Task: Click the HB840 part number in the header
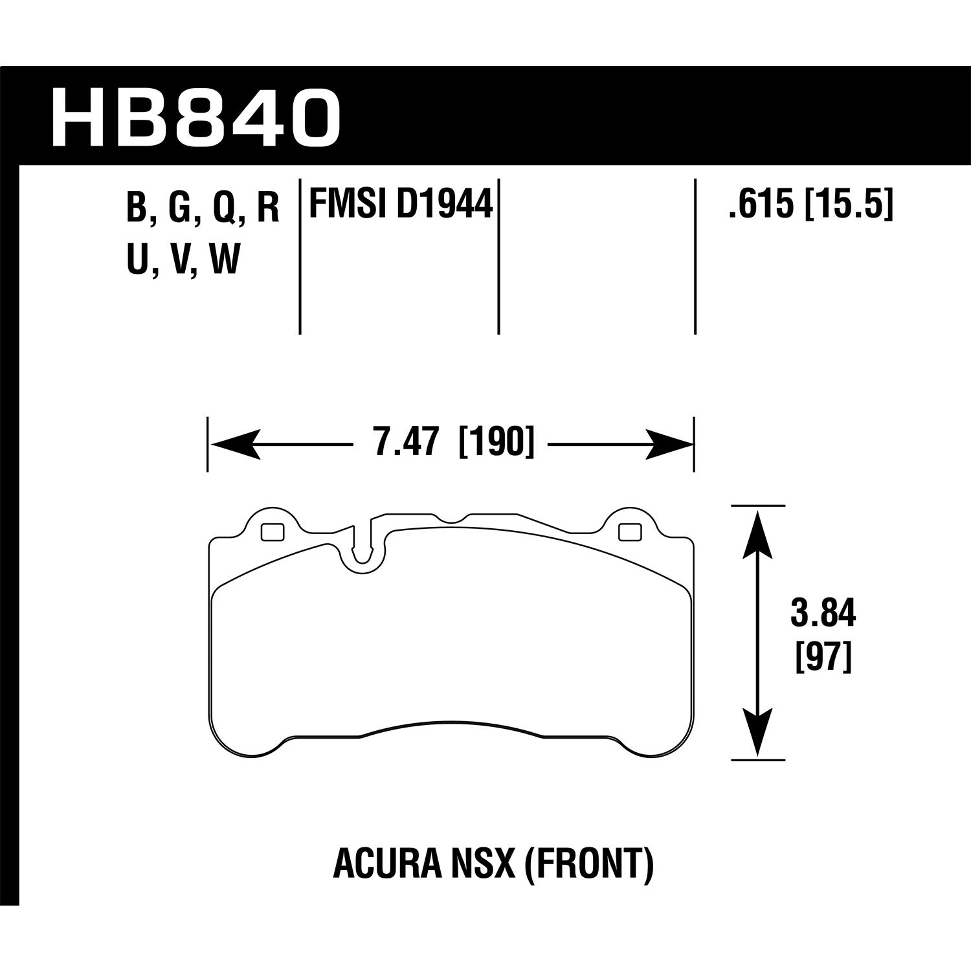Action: (x=195, y=118)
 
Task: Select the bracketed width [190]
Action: (x=497, y=444)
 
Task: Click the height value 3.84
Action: (x=823, y=614)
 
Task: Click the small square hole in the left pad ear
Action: (x=272, y=531)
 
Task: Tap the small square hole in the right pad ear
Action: (x=629, y=531)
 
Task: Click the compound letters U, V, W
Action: (x=183, y=261)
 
